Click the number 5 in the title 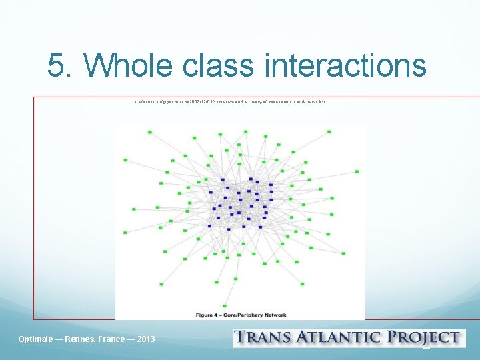click(x=56, y=65)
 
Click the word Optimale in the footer click(x=37, y=339)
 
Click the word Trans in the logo click(x=266, y=338)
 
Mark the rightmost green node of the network click(x=357, y=171)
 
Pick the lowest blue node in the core click(x=229, y=229)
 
